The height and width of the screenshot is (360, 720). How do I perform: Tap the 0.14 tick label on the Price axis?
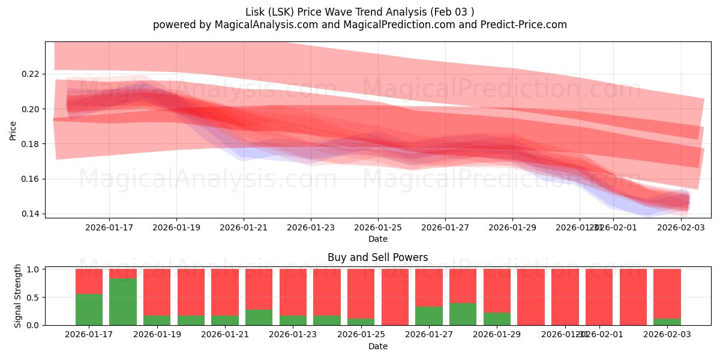click(x=31, y=214)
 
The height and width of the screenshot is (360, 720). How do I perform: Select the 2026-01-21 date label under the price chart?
click(x=244, y=227)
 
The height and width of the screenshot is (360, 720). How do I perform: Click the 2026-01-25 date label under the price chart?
click(x=378, y=227)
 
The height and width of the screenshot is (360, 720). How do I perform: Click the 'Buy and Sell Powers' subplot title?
click(x=377, y=257)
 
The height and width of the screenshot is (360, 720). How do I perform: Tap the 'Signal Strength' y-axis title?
click(x=18, y=296)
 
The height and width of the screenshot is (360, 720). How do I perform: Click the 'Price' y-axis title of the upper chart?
click(x=13, y=130)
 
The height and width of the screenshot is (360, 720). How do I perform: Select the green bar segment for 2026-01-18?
click(x=123, y=302)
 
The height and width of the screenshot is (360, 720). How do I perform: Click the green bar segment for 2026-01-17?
click(x=89, y=310)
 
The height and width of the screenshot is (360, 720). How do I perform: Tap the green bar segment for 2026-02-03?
click(x=667, y=322)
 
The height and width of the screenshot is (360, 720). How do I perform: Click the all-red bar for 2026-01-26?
click(x=395, y=297)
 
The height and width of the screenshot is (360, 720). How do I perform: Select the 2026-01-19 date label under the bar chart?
click(x=157, y=335)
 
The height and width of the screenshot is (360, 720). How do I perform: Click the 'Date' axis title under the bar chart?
click(x=377, y=346)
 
